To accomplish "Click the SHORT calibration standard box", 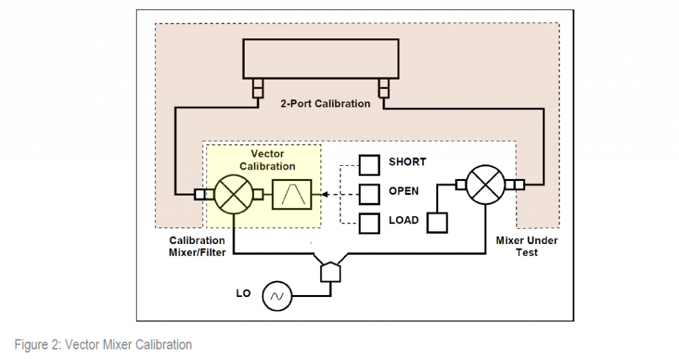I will (369, 163).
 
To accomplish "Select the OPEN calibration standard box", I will (369, 193).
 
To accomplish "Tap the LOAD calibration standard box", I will (369, 222).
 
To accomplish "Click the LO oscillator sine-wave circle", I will (276, 296).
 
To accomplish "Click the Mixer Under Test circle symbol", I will (485, 184).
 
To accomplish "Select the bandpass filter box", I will (292, 194).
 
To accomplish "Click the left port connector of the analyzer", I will (256, 88).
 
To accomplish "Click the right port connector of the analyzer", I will (383, 88).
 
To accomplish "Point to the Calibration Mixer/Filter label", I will (197, 246).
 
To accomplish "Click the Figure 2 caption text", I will (103, 344).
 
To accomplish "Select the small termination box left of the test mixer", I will (436, 222).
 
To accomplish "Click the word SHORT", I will (407, 162).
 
